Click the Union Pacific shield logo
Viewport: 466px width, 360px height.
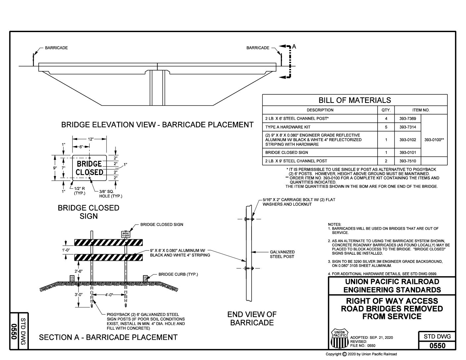[x=339, y=338]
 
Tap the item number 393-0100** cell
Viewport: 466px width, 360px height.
[x=434, y=140]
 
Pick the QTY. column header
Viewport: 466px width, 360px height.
[x=386, y=110]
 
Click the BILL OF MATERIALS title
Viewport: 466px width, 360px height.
[x=354, y=100]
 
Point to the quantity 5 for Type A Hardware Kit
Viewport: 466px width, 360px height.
[x=386, y=127]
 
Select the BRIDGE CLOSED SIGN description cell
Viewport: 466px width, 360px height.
[x=287, y=153]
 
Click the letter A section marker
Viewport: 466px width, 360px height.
[x=294, y=47]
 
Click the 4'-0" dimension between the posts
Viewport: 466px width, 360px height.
[x=109, y=294]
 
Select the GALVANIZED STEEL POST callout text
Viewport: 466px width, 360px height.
[x=282, y=254]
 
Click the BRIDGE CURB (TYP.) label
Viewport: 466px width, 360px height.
[x=178, y=274]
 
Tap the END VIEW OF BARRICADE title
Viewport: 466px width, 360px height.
[x=252, y=318]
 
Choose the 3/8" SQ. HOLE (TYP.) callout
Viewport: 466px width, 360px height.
[x=111, y=194]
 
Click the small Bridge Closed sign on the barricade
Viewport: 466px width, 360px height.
[x=126, y=234]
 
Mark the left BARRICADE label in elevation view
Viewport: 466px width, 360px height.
[x=56, y=48]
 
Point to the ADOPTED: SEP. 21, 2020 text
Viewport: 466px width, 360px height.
[x=371, y=337]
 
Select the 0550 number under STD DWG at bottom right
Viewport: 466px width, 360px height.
[x=437, y=346]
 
